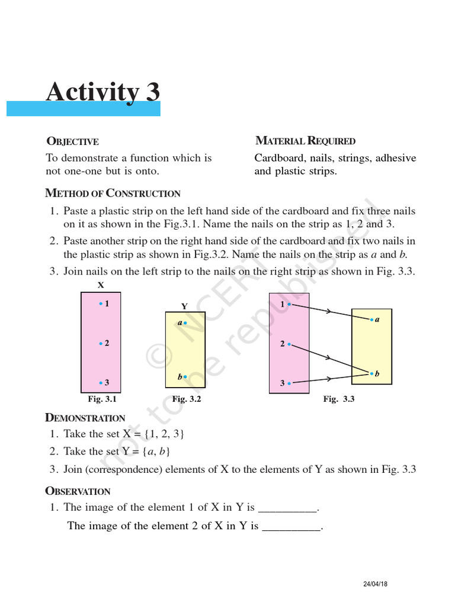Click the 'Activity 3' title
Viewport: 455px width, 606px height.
coord(103,92)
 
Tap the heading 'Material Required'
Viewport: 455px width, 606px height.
coord(305,141)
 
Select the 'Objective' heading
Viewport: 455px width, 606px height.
coord(72,141)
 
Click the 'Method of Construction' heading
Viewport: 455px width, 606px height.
coord(113,193)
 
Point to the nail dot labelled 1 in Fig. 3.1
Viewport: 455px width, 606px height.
coord(101,304)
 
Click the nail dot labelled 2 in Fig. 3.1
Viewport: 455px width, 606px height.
coord(101,343)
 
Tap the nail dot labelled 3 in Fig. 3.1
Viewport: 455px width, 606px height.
coord(101,383)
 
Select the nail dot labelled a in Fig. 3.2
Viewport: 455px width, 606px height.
coord(185,323)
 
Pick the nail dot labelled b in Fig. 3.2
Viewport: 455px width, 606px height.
coord(185,376)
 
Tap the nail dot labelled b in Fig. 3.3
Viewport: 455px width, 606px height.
coord(371,373)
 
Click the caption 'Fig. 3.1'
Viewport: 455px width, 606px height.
coord(102,399)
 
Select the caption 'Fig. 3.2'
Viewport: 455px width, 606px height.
coord(187,399)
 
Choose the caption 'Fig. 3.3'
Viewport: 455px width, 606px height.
coord(338,399)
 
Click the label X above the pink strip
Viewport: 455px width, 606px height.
coord(101,285)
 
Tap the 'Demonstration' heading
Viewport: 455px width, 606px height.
coord(85,418)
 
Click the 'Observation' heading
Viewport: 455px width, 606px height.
coord(78,491)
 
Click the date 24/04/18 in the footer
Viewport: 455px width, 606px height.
coord(375,585)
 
